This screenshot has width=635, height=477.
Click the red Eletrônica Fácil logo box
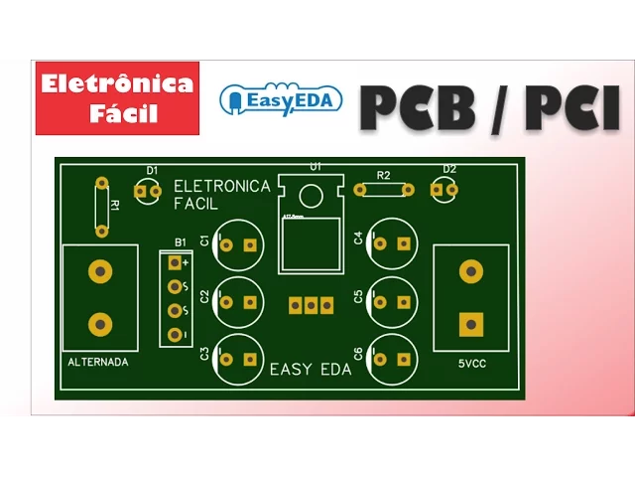[117, 98]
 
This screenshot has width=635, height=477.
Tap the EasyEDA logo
[280, 99]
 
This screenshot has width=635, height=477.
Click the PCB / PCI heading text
[489, 106]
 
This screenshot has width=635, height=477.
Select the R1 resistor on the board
[101, 207]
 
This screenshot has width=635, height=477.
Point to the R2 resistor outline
[383, 188]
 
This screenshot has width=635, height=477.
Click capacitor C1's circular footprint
[238, 243]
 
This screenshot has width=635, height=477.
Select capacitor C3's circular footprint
[238, 356]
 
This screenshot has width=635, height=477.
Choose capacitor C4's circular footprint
[391, 242]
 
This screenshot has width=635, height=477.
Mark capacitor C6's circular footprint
[391, 356]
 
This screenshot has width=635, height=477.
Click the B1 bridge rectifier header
[176, 298]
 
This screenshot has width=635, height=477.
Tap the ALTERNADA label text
[98, 363]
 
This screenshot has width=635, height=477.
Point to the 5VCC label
[471, 363]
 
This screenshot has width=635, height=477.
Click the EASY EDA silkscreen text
[311, 370]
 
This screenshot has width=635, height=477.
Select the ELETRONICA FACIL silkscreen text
[221, 195]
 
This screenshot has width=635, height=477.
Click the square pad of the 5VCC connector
[470, 324]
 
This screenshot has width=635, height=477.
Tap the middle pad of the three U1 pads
[311, 306]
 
